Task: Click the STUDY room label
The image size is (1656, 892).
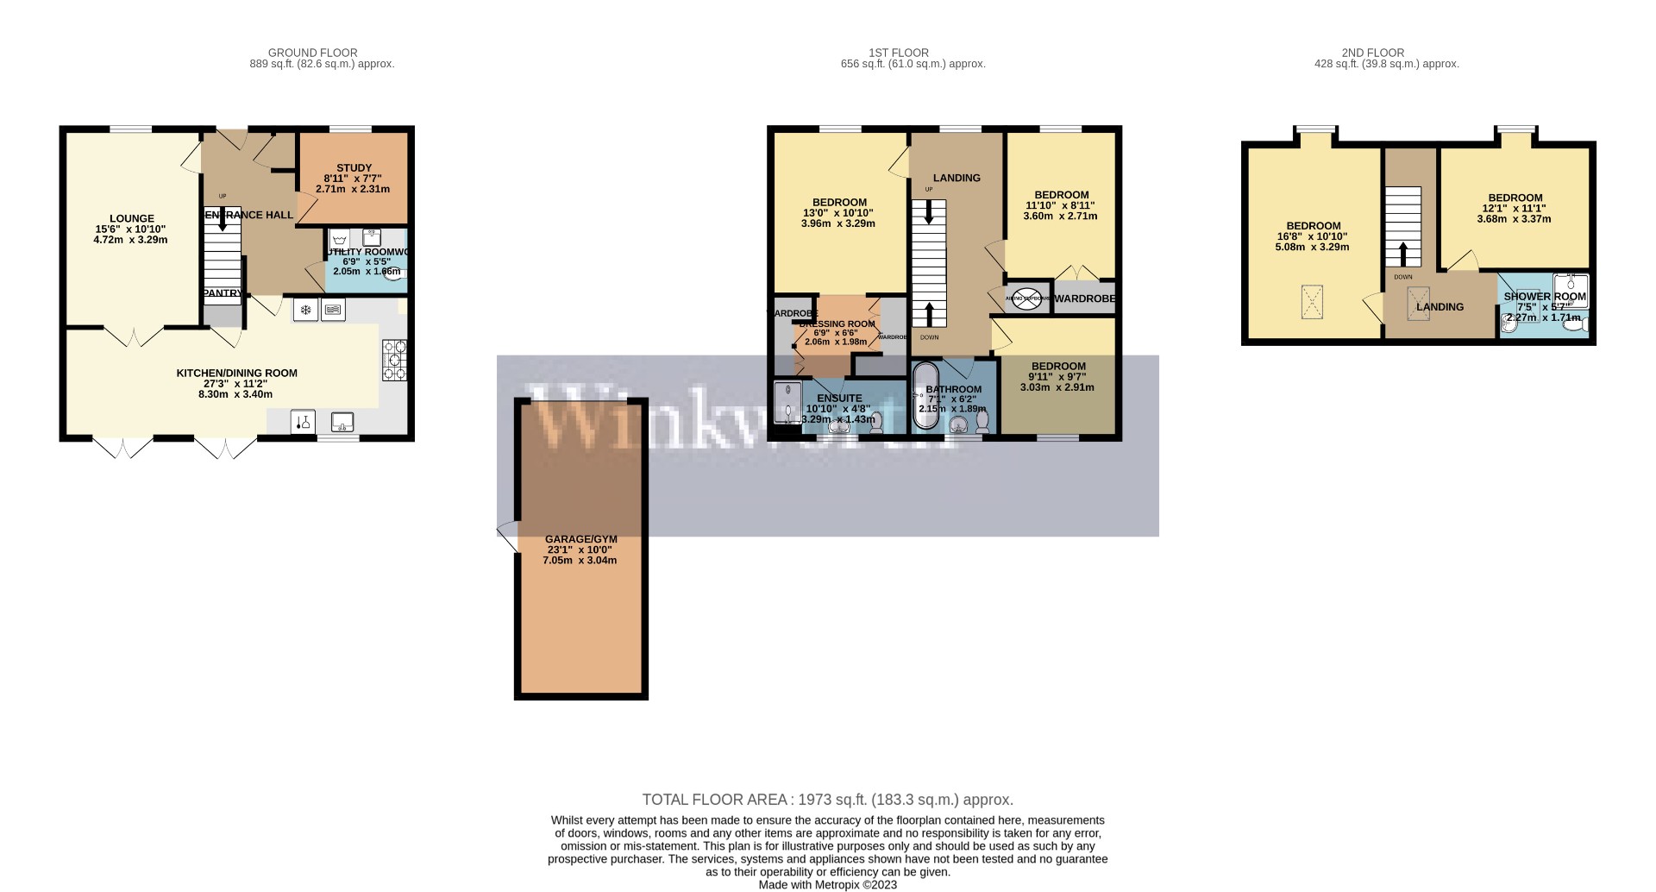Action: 354,168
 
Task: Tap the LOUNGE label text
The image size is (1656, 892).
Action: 131,218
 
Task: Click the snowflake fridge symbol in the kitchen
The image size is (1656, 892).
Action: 304,310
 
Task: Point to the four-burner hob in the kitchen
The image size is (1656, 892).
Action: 394,360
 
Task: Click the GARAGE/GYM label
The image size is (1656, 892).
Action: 580,538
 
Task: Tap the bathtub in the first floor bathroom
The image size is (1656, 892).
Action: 925,396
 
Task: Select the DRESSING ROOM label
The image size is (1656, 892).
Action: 837,324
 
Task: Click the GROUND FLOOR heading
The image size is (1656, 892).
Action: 312,53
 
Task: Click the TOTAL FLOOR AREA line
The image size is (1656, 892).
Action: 827,800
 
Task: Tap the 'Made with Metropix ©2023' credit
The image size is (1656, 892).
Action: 827,884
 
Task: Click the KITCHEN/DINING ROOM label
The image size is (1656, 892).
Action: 236,374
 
